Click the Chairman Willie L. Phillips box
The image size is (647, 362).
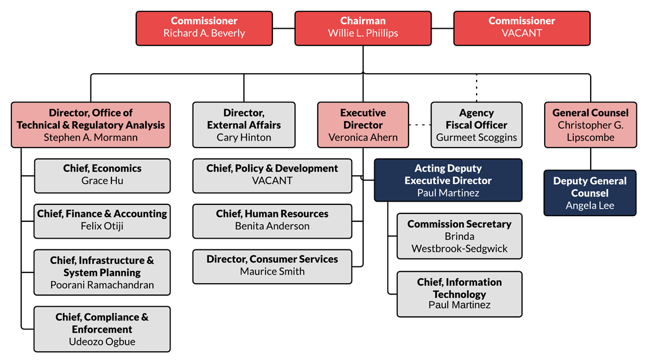point(362,28)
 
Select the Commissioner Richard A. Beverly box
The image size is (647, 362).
point(204,28)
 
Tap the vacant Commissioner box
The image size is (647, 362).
point(522,28)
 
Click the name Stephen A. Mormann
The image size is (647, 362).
point(91,137)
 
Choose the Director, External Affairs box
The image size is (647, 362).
point(244,125)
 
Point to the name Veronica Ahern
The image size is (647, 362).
point(363,137)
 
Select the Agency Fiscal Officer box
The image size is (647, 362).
point(476,125)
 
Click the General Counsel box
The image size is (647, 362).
point(590,125)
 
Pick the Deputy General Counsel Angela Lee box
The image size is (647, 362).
point(590,193)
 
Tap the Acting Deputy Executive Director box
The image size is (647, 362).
point(448,180)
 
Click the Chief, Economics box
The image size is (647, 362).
point(102,175)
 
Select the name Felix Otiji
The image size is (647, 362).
point(102,226)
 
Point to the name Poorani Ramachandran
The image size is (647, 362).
point(102,285)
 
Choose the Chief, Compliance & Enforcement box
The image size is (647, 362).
point(102,329)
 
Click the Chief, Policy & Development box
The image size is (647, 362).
point(272,175)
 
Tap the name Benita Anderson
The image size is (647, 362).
point(272,226)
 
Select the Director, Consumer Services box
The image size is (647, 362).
point(272,266)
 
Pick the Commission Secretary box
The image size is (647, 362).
point(459,236)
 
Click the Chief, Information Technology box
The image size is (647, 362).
point(459,294)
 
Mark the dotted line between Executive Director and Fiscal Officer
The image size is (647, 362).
point(419,125)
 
